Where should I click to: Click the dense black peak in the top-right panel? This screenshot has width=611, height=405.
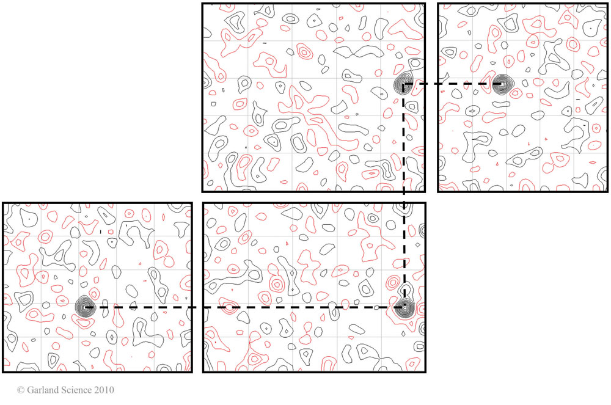(502, 84)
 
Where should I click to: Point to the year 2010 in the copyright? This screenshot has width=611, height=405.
(103, 390)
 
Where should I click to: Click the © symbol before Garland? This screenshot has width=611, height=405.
(21, 390)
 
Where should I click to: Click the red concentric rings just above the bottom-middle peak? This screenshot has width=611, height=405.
(394, 284)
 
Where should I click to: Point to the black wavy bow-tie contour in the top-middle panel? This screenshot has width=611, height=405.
(359, 53)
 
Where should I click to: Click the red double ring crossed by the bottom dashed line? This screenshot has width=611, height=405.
(230, 307)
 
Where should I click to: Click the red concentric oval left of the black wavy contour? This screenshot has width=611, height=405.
(304, 51)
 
